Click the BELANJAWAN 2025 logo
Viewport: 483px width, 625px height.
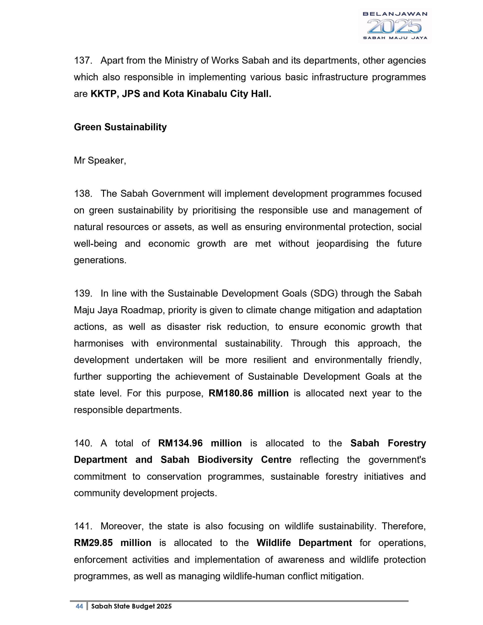[394, 26]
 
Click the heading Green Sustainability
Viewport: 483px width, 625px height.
[120, 127]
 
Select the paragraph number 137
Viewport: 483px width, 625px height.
[83, 61]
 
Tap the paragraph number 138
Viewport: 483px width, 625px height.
[83, 194]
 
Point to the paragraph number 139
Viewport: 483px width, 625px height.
[83, 293]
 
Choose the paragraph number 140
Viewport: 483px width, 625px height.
[83, 443]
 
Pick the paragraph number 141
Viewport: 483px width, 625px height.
[83, 526]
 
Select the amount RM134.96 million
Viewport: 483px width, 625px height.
[200, 443]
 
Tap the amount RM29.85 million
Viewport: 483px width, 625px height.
[112, 542]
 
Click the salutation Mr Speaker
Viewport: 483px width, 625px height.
[100, 160]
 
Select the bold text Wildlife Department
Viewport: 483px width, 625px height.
[304, 542]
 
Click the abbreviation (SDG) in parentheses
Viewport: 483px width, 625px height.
[324, 293]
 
